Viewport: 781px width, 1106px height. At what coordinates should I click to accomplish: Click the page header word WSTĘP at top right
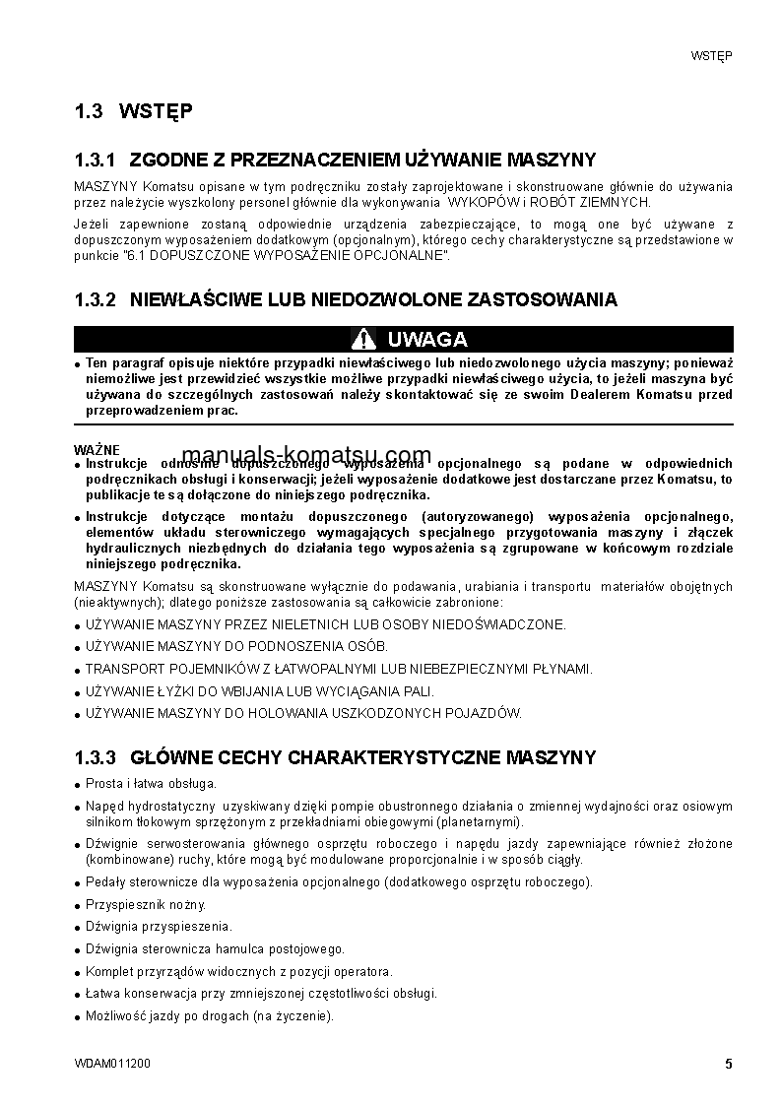coord(709,55)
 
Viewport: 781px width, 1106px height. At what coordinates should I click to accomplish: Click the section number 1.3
coord(89,111)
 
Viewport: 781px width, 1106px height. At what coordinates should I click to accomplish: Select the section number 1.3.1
coord(96,160)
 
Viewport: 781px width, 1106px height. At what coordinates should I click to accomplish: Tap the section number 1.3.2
coord(96,299)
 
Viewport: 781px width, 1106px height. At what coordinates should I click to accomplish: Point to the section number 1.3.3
coord(96,757)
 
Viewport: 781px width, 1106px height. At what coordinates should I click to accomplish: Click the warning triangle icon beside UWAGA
coord(364,340)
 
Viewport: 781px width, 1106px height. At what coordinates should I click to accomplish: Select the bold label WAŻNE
coord(90,449)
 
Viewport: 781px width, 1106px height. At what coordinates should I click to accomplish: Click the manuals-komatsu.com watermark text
coord(307,455)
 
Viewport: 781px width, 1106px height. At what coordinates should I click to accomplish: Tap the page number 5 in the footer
coord(728,1064)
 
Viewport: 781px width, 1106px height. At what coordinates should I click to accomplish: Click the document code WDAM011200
coord(112,1065)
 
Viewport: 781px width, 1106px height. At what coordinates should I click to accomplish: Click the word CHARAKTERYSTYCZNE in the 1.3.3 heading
coord(396,757)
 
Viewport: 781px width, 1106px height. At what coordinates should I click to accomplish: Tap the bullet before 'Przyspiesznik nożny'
coord(78,905)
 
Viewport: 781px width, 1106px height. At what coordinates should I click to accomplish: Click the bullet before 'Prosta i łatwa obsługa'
coord(78,784)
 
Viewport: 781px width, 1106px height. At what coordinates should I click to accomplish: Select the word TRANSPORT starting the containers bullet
coord(118,669)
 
